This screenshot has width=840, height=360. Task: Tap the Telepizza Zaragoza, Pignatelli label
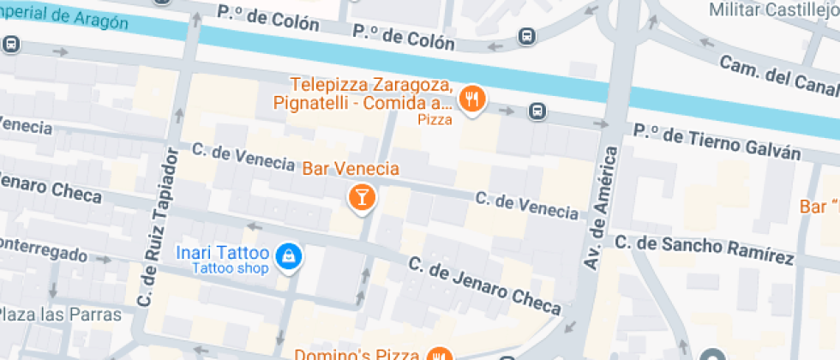point(369,94)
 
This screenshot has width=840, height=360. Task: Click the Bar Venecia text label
point(351,168)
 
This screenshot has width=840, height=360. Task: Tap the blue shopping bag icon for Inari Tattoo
point(290,255)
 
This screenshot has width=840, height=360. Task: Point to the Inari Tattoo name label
point(223,253)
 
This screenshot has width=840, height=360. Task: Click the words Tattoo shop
point(230,269)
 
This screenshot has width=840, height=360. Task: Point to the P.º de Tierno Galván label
point(717,142)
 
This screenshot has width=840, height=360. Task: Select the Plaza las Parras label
point(61,315)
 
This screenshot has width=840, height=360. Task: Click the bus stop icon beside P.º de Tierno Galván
point(537,110)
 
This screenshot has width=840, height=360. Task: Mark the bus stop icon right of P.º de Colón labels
point(525,37)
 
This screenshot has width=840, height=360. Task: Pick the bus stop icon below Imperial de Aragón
point(11,45)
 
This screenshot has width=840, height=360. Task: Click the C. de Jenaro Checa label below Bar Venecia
point(484,285)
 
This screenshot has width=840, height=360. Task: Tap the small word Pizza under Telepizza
point(434,120)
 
